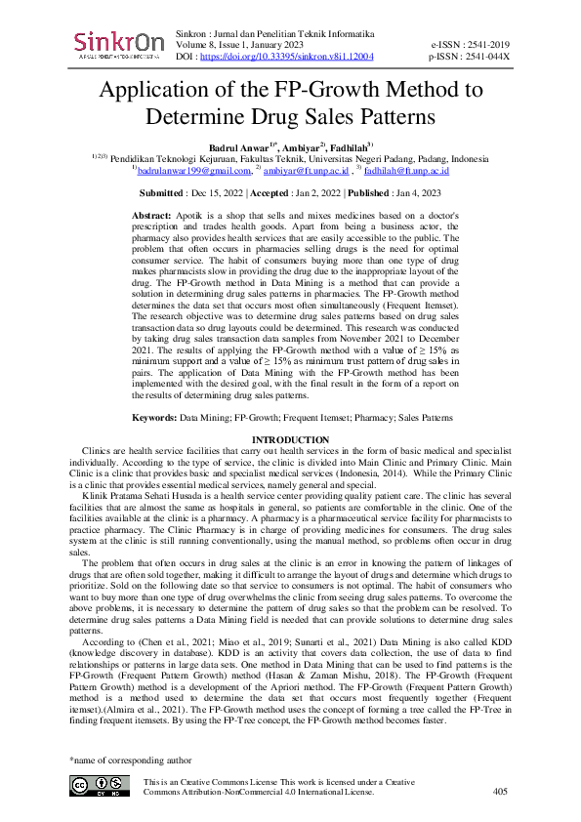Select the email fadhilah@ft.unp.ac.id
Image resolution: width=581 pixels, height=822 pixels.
[x=404, y=171]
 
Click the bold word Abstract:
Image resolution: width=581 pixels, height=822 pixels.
[x=152, y=213]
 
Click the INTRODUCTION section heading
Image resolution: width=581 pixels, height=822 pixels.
[x=290, y=440]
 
